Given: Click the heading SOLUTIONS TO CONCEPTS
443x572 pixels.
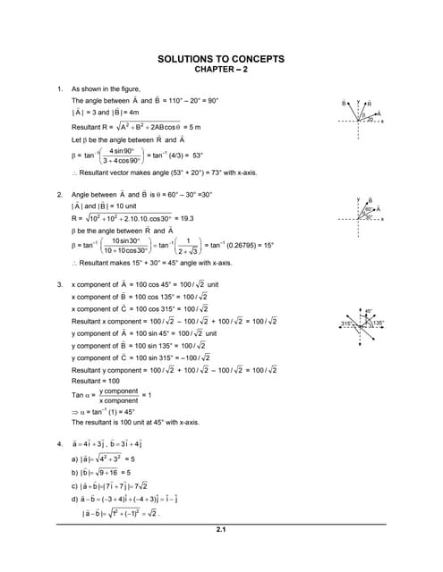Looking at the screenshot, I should [x=220, y=59].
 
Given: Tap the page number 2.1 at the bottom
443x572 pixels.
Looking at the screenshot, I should [x=220, y=531].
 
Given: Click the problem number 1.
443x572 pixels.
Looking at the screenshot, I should [x=59, y=89].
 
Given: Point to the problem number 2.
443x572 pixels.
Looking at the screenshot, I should [x=59, y=194].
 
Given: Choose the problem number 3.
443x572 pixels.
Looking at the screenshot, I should [x=59, y=284].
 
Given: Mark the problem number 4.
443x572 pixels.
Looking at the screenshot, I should [x=59, y=443].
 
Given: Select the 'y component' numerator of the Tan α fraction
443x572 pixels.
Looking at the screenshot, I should [x=118, y=391].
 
